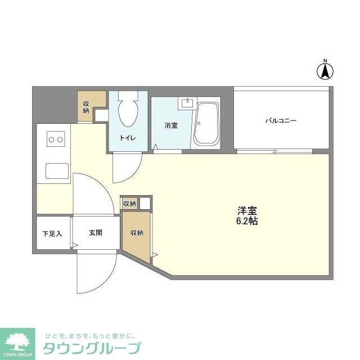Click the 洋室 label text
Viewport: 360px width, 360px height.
tap(247, 211)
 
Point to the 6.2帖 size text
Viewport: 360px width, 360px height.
tap(247, 222)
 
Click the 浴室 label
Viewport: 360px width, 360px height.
tap(171, 125)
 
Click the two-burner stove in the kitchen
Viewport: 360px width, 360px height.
tap(56, 138)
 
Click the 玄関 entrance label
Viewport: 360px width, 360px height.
tap(94, 232)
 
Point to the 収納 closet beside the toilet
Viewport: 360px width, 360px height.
tap(86, 107)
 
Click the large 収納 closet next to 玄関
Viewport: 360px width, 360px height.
tap(137, 232)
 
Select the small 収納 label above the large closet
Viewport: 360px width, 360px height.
tap(129, 204)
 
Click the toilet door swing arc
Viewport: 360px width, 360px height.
tap(127, 169)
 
